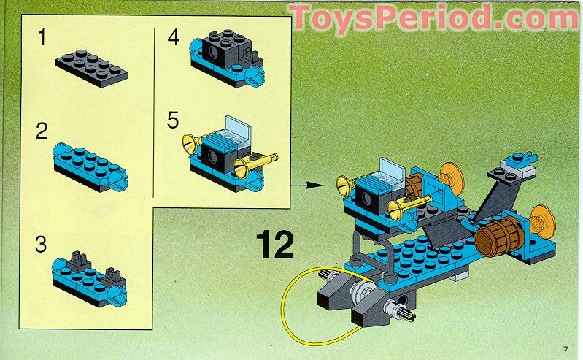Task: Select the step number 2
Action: point(42,131)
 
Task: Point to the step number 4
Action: point(174,37)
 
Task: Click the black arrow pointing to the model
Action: point(306,185)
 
